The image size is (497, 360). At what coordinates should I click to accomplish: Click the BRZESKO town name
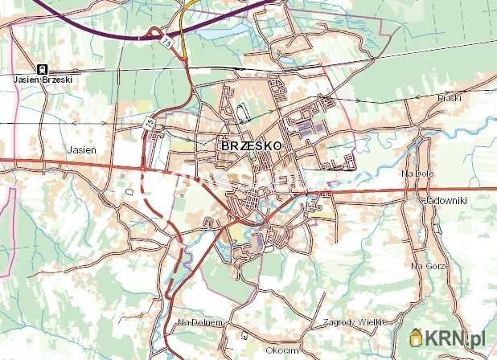(250, 147)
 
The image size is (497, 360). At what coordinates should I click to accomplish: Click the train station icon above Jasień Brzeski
(41, 69)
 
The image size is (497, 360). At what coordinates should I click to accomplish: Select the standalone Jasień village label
(82, 149)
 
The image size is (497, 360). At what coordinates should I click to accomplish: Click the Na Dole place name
(417, 173)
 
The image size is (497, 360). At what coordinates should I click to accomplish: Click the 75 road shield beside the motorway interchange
(166, 39)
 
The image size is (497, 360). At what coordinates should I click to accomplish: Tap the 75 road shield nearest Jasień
(149, 125)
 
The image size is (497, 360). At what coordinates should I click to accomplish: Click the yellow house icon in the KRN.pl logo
(416, 337)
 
